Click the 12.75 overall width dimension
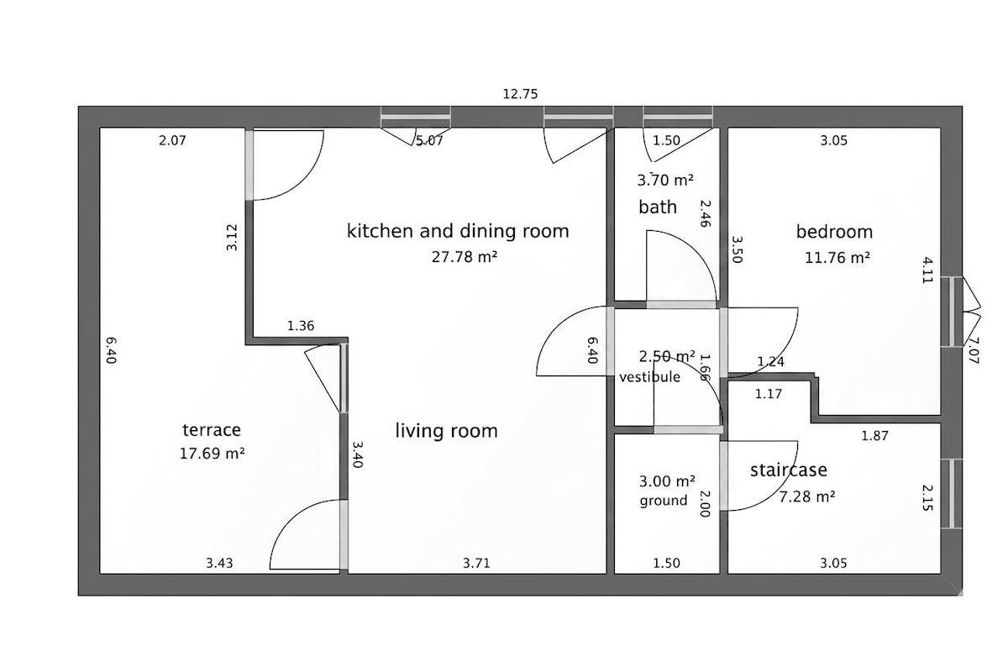click(x=520, y=94)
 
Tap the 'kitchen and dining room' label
click(x=458, y=231)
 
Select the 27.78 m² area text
click(x=465, y=256)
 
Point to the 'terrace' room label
click(x=212, y=430)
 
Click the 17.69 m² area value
click(x=212, y=454)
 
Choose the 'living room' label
click(x=446, y=431)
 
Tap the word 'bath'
click(x=658, y=207)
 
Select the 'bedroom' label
click(x=834, y=232)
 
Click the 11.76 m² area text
click(x=837, y=258)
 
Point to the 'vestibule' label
click(x=650, y=376)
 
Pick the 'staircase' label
click(x=789, y=470)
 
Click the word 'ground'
click(x=664, y=501)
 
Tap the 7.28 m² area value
click(x=807, y=497)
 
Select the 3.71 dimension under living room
click(x=476, y=563)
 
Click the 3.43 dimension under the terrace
click(x=219, y=563)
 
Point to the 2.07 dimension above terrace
click(x=172, y=140)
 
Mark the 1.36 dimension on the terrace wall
click(x=301, y=325)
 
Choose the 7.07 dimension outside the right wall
click(x=973, y=350)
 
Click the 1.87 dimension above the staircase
click(x=874, y=436)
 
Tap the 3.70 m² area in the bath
click(x=665, y=180)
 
